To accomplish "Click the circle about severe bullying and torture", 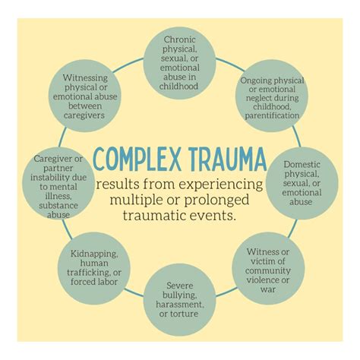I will point(180,299).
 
